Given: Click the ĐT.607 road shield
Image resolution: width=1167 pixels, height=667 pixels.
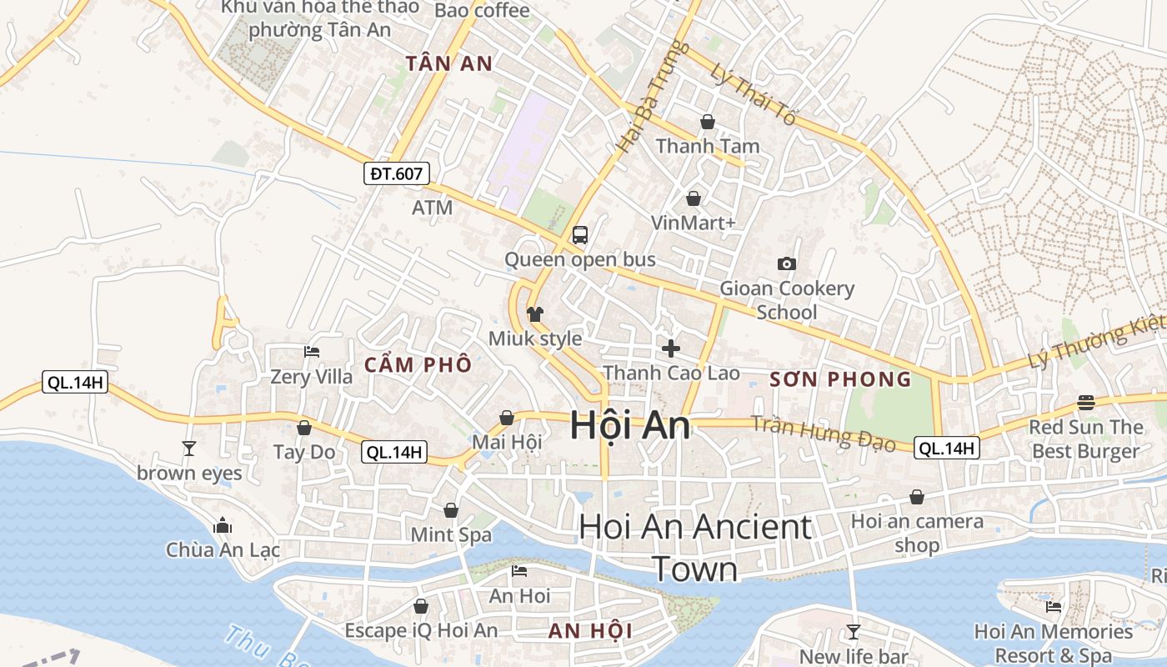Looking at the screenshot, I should pyautogui.click(x=398, y=173).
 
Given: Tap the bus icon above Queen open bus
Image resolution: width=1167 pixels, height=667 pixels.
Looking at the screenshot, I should pyautogui.click(x=580, y=235).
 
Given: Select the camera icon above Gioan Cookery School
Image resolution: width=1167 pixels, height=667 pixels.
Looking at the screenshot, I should pyautogui.click(x=786, y=264).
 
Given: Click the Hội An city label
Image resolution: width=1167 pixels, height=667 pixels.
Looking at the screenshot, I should pyautogui.click(x=630, y=425).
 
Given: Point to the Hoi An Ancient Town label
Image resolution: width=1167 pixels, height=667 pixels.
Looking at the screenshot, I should pyautogui.click(x=694, y=547).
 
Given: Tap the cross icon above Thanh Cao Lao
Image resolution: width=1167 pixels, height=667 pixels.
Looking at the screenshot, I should pyautogui.click(x=671, y=348).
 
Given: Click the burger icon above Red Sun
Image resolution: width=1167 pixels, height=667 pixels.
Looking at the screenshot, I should pyautogui.click(x=1085, y=403).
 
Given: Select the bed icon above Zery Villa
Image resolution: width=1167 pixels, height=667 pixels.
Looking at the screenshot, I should pyautogui.click(x=312, y=352).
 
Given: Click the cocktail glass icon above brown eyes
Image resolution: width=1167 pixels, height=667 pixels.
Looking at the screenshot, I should pyautogui.click(x=189, y=449).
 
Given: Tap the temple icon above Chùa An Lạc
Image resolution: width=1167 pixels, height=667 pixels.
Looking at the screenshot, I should pyautogui.click(x=223, y=526).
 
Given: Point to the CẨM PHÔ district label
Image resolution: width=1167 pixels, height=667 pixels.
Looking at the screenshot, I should pyautogui.click(x=418, y=364).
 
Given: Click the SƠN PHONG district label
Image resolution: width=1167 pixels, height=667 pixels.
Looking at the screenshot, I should pyautogui.click(x=840, y=380).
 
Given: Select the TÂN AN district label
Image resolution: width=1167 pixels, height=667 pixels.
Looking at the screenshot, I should pyautogui.click(x=448, y=63).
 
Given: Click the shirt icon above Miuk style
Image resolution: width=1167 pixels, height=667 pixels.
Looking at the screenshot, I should pyautogui.click(x=535, y=314).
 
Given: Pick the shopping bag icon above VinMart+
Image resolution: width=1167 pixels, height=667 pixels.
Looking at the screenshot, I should pyautogui.click(x=693, y=198).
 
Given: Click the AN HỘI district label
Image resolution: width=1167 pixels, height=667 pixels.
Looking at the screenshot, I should pyautogui.click(x=590, y=631).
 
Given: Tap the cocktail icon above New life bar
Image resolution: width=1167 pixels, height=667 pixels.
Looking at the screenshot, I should pyautogui.click(x=853, y=631).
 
